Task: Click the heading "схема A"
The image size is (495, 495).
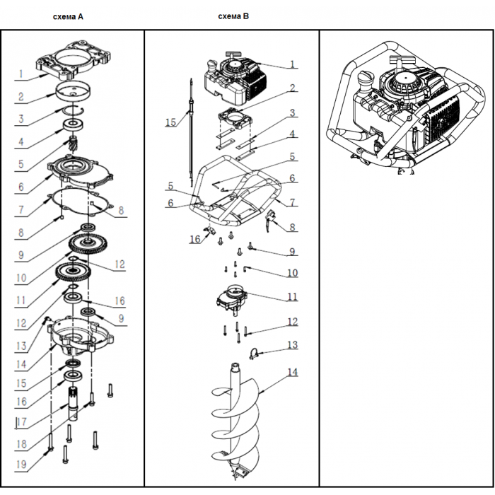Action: coord(69,16)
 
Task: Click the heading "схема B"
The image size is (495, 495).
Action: coord(233,16)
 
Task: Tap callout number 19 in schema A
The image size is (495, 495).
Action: coord(21,465)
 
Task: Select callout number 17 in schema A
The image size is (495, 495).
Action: coord(21,424)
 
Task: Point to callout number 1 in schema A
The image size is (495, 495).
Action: coord(22,74)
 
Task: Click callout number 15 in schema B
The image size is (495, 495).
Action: coord(170,122)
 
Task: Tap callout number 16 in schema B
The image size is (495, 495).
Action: coord(194,240)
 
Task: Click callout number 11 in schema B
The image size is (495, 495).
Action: coord(292,297)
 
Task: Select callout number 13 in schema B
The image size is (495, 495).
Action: coord(292,345)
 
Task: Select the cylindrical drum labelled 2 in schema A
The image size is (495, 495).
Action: coord(74,92)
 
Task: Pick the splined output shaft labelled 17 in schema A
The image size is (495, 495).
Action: coord(76,403)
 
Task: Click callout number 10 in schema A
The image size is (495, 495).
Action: coord(21,277)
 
